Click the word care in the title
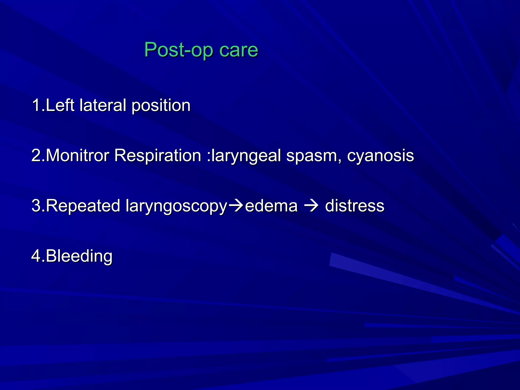click(x=238, y=50)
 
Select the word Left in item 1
click(x=60, y=105)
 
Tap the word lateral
click(x=103, y=105)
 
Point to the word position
click(x=161, y=106)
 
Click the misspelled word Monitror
click(x=77, y=155)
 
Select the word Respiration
click(x=158, y=155)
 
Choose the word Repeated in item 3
click(x=83, y=206)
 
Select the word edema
click(x=271, y=206)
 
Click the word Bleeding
click(x=79, y=256)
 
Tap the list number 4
click(x=36, y=256)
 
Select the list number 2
click(x=36, y=155)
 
